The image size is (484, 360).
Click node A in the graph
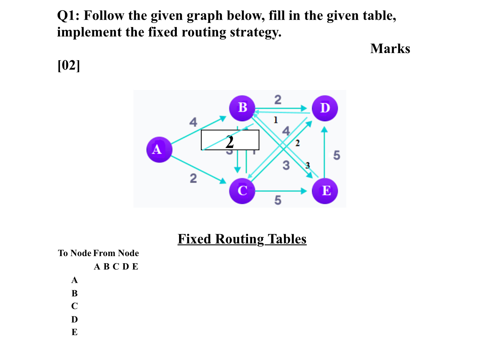(x=159, y=149)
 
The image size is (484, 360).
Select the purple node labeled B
(x=242, y=108)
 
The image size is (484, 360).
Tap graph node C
(x=242, y=191)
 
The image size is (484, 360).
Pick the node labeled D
(x=325, y=108)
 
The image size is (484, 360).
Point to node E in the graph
(x=325, y=191)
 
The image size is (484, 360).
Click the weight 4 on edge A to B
(x=193, y=122)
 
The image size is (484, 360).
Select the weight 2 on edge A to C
(x=193, y=178)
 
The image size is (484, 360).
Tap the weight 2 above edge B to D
(x=277, y=99)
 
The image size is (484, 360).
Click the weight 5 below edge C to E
(x=277, y=200)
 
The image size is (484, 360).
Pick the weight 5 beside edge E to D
(x=336, y=155)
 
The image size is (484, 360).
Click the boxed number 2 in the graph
(x=230, y=142)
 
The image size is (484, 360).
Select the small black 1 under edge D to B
(x=276, y=120)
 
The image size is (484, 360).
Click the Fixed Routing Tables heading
(x=242, y=239)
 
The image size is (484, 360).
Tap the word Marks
(x=390, y=49)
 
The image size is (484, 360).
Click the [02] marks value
(x=69, y=65)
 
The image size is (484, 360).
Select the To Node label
(x=74, y=253)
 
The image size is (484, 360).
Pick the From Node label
(x=116, y=253)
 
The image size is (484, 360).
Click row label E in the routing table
(x=75, y=332)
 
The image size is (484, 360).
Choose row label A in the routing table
(x=75, y=280)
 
